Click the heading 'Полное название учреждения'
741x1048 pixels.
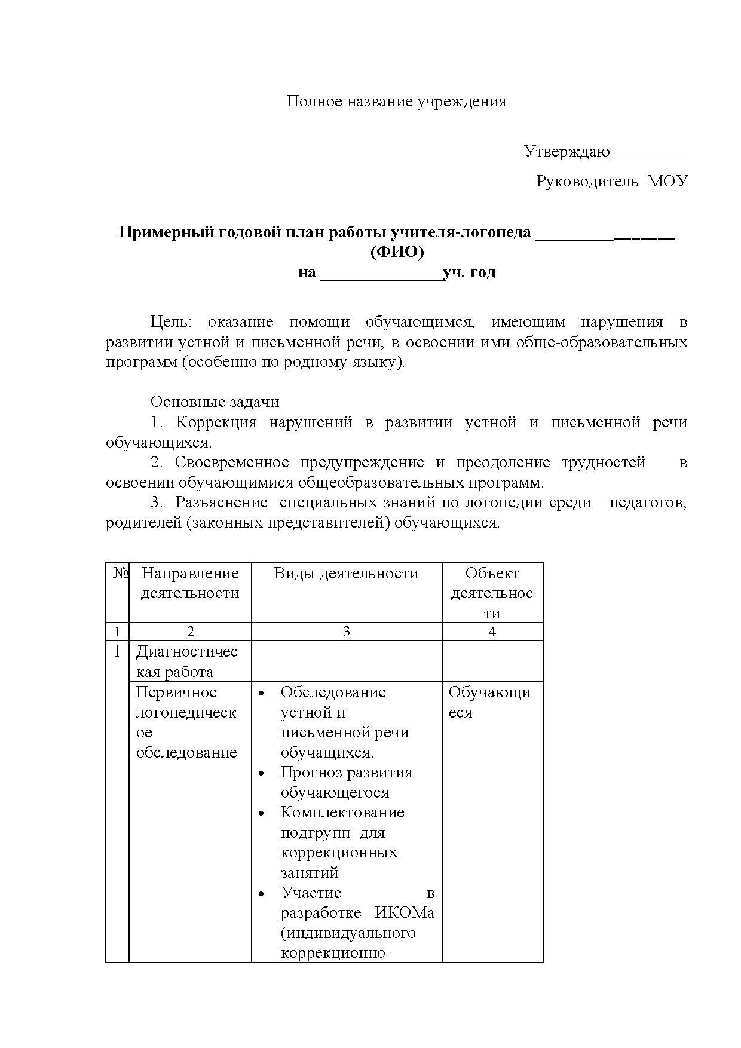[396, 101]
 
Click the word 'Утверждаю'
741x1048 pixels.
[567, 152]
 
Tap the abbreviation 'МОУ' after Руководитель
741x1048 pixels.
[668, 181]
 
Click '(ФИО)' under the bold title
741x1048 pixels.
[397, 252]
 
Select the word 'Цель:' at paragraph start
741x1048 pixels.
[172, 322]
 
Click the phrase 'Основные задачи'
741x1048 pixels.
[215, 402]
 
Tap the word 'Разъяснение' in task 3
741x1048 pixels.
[221, 502]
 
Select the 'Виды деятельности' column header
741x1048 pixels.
[346, 574]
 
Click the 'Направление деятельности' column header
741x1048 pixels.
[190, 583]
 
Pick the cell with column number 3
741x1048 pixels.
[346, 632]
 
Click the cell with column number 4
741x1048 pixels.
[492, 632]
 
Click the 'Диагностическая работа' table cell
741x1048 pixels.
[186, 661]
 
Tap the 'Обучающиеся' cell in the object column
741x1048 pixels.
[489, 702]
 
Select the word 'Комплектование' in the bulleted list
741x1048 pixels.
[342, 813]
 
